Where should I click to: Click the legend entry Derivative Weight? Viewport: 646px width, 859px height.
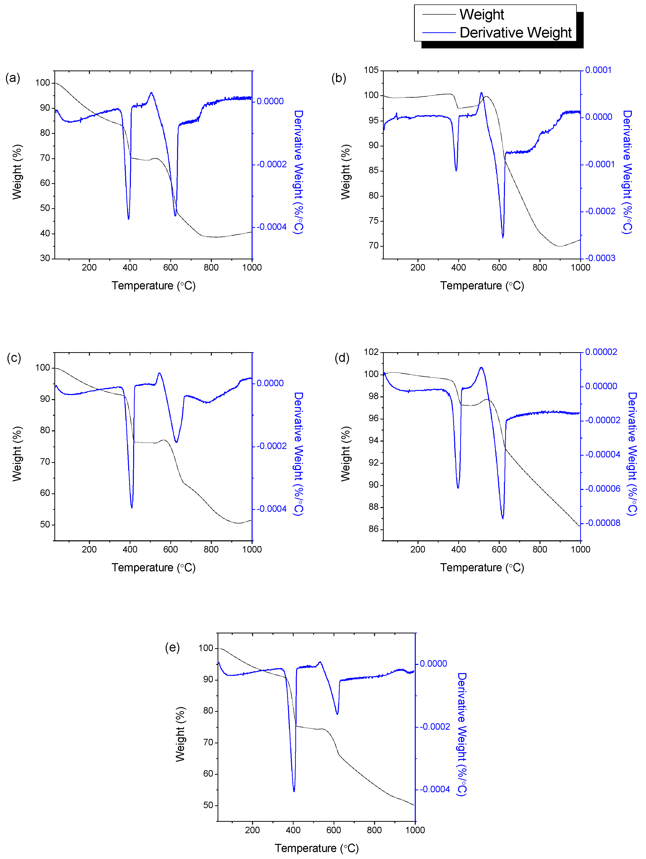515,33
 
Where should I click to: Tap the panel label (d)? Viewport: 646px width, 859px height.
342,358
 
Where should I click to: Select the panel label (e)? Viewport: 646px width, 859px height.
172,647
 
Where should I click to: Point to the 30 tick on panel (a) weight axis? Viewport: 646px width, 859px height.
45,258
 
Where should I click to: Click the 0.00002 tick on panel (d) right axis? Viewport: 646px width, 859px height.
601,352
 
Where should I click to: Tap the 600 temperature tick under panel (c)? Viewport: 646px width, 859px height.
170,549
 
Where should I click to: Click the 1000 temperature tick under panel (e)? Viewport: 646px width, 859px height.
415,830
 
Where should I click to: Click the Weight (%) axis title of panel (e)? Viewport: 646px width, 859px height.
180,734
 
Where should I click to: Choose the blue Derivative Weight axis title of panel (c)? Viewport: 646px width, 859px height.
298,454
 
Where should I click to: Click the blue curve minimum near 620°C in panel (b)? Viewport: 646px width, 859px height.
503,237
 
